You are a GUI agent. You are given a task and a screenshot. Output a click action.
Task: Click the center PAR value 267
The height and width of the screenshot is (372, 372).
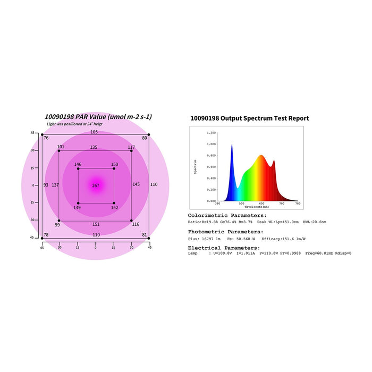click(x=96, y=185)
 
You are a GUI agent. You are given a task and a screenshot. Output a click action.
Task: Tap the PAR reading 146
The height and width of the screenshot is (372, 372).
click(x=78, y=165)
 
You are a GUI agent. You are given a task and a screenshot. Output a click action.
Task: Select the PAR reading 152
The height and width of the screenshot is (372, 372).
click(x=114, y=208)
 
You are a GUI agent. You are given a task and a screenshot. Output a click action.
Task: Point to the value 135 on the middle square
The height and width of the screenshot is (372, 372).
click(x=94, y=147)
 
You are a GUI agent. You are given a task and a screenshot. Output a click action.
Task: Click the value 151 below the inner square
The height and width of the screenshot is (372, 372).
click(x=96, y=225)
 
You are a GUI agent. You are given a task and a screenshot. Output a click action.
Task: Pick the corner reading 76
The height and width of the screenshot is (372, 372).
click(x=46, y=138)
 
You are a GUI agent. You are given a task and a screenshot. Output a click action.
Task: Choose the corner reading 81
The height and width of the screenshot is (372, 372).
click(x=145, y=235)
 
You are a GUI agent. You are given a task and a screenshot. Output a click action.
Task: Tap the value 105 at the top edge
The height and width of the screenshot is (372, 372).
click(x=94, y=132)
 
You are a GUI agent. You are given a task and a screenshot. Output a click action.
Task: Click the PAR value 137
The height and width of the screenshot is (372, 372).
click(x=55, y=185)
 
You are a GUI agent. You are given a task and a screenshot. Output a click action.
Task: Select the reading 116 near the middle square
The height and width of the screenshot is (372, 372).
click(x=136, y=225)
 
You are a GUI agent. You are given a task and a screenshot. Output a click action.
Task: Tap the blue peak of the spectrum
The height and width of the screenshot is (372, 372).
click(x=232, y=147)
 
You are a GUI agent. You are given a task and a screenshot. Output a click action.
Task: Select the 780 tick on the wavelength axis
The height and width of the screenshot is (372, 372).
click(x=297, y=203)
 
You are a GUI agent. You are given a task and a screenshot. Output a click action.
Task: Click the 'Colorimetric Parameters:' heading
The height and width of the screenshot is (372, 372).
click(x=227, y=215)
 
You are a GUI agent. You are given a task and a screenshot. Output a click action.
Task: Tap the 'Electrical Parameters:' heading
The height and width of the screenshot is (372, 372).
click(x=224, y=248)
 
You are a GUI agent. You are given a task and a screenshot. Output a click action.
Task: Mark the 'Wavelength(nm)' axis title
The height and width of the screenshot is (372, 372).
click(x=257, y=206)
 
